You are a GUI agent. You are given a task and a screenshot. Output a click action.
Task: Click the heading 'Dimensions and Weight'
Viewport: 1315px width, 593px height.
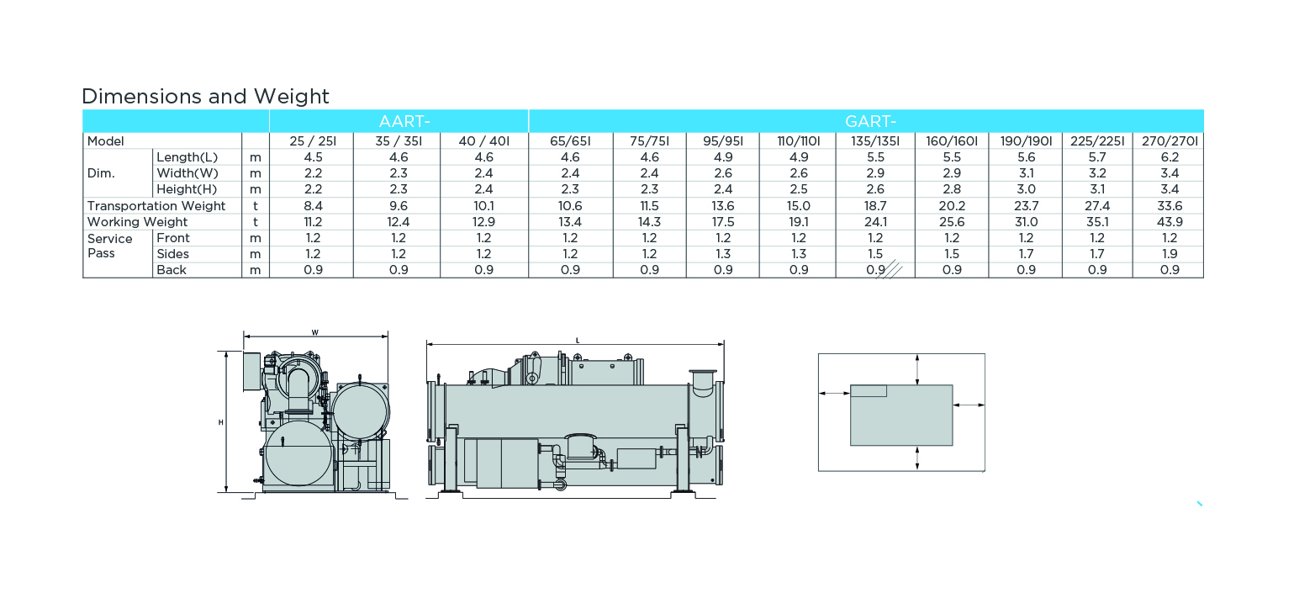click(205, 96)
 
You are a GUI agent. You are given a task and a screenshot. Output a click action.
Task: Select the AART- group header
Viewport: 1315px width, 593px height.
click(404, 121)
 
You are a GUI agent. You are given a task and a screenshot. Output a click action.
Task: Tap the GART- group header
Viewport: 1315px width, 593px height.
click(870, 121)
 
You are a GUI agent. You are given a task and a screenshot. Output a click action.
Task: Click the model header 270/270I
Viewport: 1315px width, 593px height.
click(1170, 141)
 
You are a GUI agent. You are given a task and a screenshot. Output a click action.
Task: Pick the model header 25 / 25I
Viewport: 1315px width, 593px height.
click(312, 141)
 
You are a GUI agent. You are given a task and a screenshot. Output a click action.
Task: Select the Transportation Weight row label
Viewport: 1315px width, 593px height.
click(156, 206)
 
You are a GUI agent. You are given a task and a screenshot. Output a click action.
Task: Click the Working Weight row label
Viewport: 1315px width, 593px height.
click(137, 222)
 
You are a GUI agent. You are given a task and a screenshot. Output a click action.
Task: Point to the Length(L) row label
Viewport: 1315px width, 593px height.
click(187, 157)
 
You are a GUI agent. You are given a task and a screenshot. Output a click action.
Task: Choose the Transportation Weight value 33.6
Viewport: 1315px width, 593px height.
click(1170, 206)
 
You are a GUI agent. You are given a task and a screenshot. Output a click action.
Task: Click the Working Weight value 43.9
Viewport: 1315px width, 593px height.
click(1170, 222)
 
